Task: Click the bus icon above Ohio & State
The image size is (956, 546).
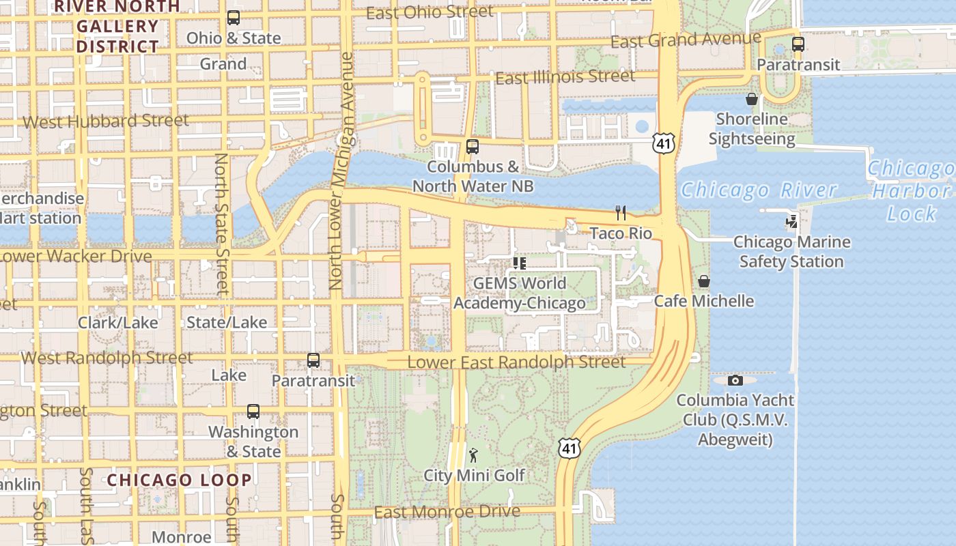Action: (233, 18)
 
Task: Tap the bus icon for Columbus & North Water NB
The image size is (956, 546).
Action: (472, 146)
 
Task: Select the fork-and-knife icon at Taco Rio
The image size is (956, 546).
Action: (621, 213)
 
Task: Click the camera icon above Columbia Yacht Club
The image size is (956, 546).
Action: (735, 380)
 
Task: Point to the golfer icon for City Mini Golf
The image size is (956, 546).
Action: (473, 455)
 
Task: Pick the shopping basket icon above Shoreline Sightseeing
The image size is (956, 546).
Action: (751, 99)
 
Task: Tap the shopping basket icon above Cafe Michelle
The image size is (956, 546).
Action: (703, 281)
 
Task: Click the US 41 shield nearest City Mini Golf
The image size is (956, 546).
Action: (569, 448)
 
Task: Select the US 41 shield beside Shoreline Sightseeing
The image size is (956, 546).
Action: (663, 143)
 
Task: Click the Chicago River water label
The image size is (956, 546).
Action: (758, 190)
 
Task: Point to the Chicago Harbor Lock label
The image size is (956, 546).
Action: (911, 191)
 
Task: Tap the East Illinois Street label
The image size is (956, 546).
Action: (565, 77)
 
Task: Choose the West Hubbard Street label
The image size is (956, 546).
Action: (106, 121)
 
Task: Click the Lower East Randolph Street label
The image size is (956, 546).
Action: (516, 362)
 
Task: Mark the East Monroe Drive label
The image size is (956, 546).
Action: (447, 512)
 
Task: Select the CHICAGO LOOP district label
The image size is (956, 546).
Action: (179, 480)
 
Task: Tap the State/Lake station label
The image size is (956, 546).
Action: (227, 322)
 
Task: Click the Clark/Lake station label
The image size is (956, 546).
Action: (117, 322)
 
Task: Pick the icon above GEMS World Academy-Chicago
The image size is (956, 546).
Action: (519, 263)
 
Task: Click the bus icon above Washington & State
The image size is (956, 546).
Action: (253, 412)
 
